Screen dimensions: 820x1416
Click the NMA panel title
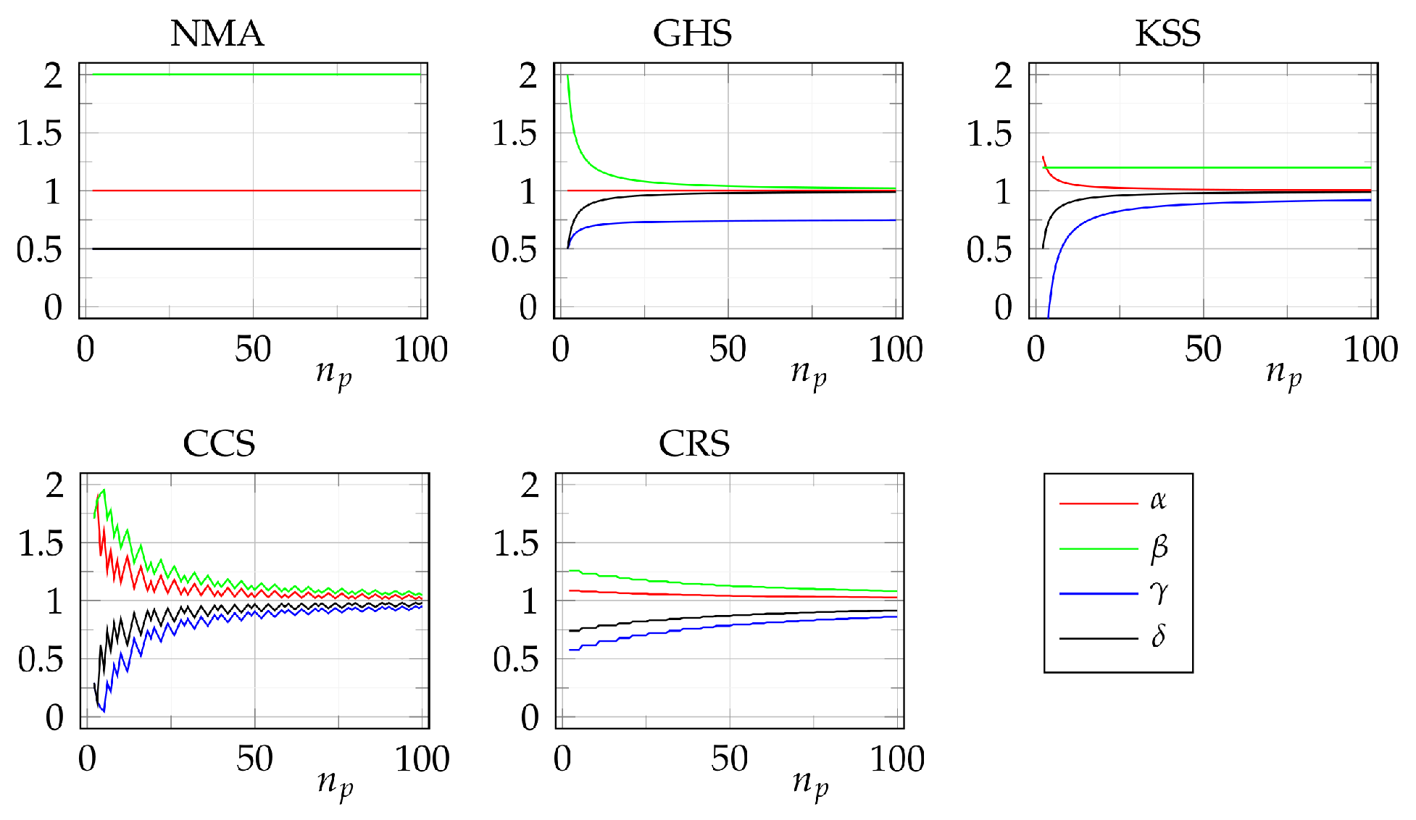click(217, 33)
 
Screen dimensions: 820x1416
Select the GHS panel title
click(692, 33)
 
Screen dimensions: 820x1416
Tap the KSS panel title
click(1167, 33)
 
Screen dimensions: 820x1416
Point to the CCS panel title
click(219, 443)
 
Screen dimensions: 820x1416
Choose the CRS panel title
click(694, 443)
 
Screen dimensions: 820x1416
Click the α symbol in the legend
click(1158, 501)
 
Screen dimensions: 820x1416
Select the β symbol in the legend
click(1159, 548)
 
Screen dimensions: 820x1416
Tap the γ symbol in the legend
click(1159, 593)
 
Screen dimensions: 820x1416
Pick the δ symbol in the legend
click(1158, 637)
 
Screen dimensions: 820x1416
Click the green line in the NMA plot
click(254, 75)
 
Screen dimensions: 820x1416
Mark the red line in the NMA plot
click(254, 191)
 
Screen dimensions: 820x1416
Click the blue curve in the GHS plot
click(725, 221)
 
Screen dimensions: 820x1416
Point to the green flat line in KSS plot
click(1203, 167)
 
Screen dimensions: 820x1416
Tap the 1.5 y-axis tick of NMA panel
click(40, 133)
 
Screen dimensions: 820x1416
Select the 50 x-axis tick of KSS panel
click(1203, 350)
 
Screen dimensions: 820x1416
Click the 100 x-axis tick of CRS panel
click(897, 759)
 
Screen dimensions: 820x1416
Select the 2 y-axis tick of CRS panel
click(530, 485)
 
